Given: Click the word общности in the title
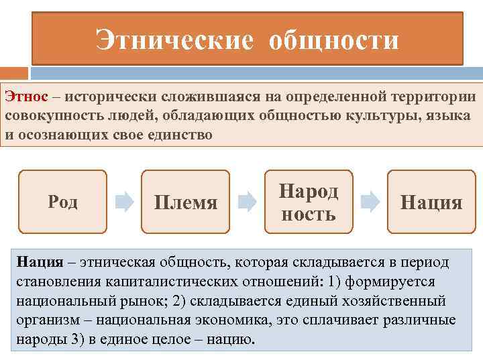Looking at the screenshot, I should coord(333,40).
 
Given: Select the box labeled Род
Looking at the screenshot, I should coord(62,202).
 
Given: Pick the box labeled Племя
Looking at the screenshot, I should coord(185,202).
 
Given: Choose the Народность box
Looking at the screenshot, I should coord(308,202).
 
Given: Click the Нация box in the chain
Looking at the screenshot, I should coord(431,202).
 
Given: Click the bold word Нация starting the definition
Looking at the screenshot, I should coord(40,262).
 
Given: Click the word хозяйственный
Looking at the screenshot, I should coord(401,301).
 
